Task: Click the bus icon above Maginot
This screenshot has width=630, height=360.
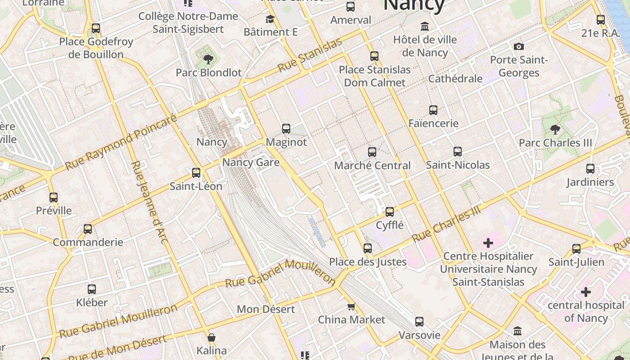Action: (x=286, y=129)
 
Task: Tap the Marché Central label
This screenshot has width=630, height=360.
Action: (x=372, y=166)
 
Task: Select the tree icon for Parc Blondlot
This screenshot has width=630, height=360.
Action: (x=208, y=59)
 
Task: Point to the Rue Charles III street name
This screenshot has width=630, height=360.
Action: (x=446, y=224)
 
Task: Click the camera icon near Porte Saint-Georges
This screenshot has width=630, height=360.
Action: (x=518, y=46)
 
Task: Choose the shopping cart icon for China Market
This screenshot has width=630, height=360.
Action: (x=351, y=307)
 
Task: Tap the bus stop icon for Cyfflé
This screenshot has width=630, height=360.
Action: (x=390, y=211)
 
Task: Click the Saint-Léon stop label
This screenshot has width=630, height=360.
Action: (x=196, y=186)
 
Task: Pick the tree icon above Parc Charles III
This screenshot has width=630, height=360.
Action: (x=555, y=130)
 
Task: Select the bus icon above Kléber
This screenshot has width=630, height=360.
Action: (x=92, y=289)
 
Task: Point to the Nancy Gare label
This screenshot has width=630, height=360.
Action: (x=251, y=162)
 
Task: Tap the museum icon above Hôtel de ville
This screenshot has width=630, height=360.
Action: (x=425, y=26)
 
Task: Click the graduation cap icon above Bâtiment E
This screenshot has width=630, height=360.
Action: (x=270, y=19)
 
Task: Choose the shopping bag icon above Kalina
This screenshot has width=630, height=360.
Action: (x=211, y=337)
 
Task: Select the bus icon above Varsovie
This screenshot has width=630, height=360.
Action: (x=419, y=322)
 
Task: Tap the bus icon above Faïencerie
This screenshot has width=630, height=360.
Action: (x=433, y=110)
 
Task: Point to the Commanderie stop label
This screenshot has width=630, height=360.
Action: (x=88, y=243)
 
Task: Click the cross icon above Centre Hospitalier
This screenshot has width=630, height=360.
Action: (x=488, y=243)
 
